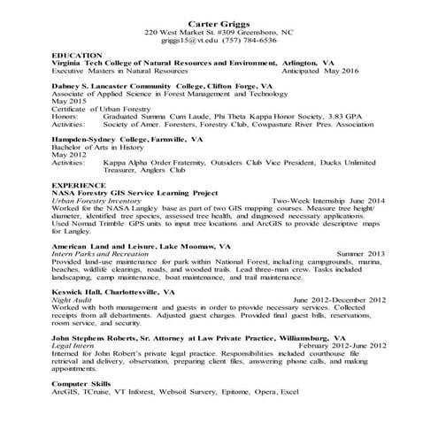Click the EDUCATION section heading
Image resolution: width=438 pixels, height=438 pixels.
77,56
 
